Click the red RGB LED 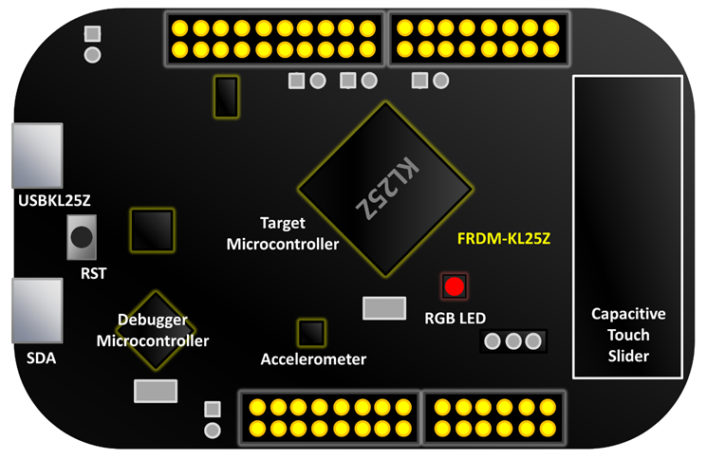455,285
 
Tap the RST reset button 84,237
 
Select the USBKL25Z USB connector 36,157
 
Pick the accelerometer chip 311,333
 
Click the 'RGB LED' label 456,318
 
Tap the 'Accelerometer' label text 313,359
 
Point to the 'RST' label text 94,274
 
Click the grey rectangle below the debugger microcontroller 156,390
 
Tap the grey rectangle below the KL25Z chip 384,308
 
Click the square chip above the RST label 151,229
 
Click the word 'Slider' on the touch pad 627,356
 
